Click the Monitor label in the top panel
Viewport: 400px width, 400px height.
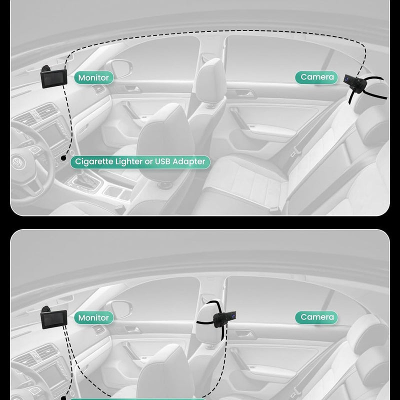(x=94, y=77)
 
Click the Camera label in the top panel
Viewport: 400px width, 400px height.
(x=316, y=77)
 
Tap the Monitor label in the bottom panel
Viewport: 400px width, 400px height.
(x=94, y=317)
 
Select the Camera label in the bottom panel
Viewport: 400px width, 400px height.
(x=316, y=317)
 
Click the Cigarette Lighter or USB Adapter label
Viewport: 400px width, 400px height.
(x=140, y=162)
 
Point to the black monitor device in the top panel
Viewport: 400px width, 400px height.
(x=53, y=77)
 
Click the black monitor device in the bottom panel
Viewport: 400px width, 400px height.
(x=53, y=317)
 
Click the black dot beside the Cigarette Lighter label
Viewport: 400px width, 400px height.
(x=63, y=158)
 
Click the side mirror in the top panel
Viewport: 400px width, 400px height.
(x=119, y=68)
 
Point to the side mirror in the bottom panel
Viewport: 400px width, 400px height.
(x=119, y=309)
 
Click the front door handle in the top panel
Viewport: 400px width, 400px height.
(x=132, y=89)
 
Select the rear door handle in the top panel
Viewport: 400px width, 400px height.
(x=245, y=93)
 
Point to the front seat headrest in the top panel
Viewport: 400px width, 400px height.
(x=210, y=79)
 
